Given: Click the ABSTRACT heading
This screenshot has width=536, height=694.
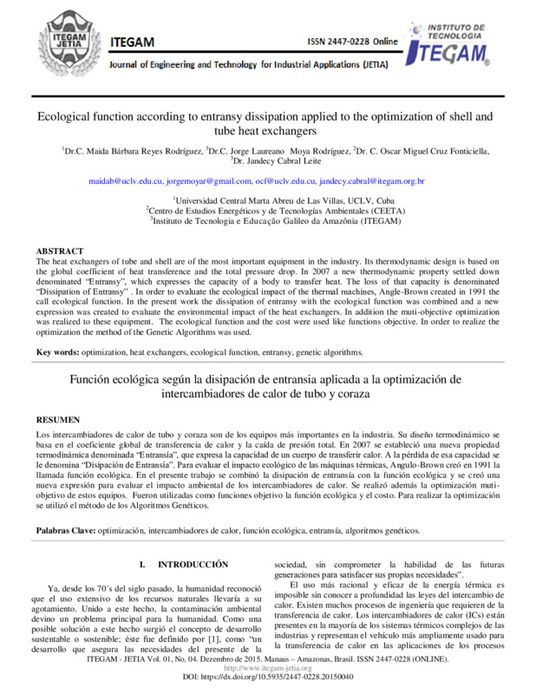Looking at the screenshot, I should pos(60,250).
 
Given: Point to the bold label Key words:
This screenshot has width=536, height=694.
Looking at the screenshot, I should pos(57,352).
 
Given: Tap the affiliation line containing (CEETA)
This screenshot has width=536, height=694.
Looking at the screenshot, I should pos(268,211).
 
